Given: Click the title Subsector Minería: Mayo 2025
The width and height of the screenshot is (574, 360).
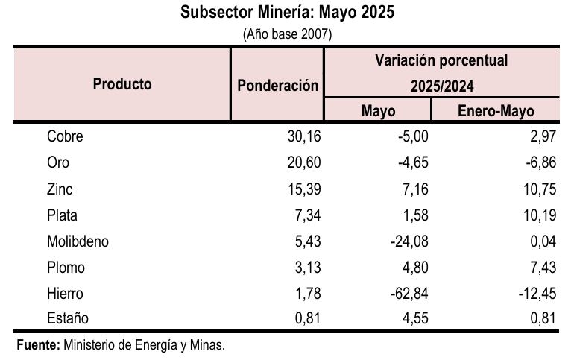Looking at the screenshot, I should click(287, 13).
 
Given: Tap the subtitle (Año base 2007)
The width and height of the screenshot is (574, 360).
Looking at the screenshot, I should click(287, 34).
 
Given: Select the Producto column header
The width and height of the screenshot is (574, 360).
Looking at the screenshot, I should click(122, 84).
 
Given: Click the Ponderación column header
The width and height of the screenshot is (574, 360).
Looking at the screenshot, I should click(277, 86).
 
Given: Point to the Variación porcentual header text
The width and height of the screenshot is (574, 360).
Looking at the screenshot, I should click(441, 60).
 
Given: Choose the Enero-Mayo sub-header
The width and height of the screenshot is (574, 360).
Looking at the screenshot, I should click(496, 111).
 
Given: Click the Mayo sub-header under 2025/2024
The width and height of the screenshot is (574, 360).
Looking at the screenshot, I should click(378, 111).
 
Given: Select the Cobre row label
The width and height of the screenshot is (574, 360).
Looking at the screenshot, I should click(65, 137).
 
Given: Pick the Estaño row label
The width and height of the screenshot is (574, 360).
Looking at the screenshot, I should click(68, 319).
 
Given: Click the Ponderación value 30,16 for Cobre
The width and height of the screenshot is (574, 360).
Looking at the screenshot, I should click(304, 137).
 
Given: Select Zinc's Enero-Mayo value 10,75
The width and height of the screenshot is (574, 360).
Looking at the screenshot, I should click(540, 189).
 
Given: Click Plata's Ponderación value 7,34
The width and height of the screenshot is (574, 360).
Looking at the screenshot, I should click(308, 215).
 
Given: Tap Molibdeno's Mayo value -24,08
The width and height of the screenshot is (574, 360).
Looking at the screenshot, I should click(409, 241).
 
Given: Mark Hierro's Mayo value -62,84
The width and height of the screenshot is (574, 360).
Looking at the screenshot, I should click(409, 294).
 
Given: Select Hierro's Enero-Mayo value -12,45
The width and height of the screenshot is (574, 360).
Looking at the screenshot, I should click(537, 294).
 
